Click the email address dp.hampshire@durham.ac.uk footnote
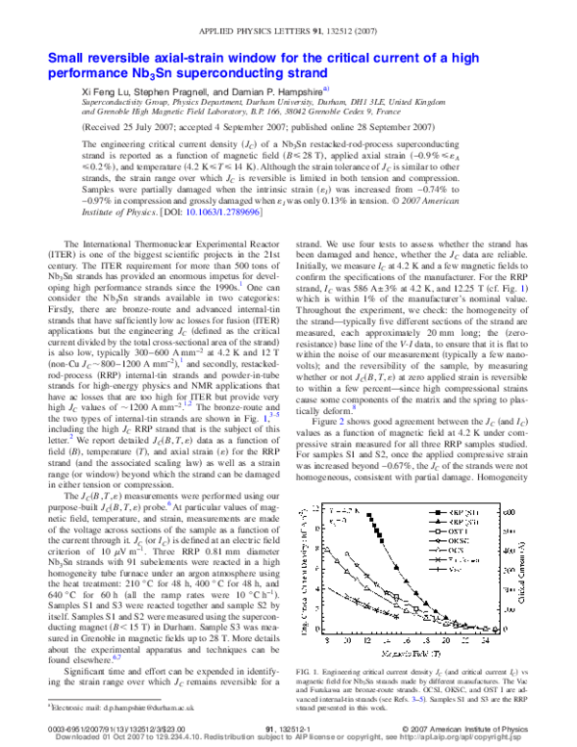(97, 706)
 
